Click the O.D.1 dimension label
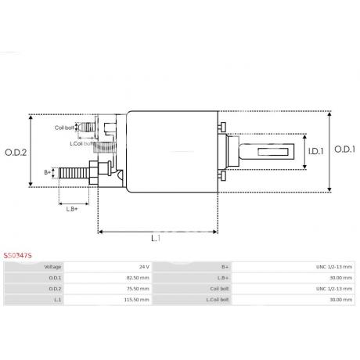click(x=344, y=149)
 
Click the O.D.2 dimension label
click(x=16, y=153)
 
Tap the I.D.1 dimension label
click(x=315, y=151)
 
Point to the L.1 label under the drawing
click(x=156, y=238)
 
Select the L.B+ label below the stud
click(x=72, y=209)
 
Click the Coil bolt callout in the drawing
click(x=64, y=128)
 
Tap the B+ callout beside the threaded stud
click(x=48, y=172)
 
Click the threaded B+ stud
click(x=74, y=173)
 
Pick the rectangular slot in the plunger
click(x=273, y=152)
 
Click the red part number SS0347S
click(x=17, y=256)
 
